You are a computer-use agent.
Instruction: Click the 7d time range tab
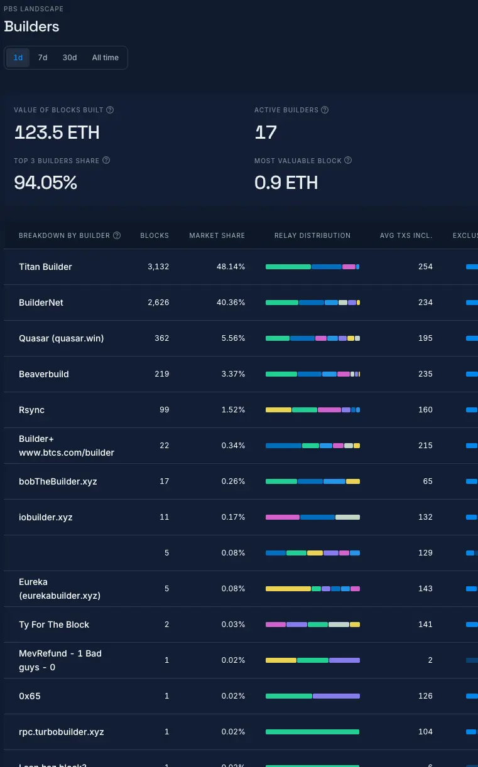[43, 58]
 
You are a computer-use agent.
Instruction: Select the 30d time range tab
[70, 58]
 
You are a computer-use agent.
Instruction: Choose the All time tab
[106, 58]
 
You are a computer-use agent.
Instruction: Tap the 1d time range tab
[18, 58]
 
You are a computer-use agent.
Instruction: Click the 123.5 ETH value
[57, 132]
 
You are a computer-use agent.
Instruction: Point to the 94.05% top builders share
[45, 183]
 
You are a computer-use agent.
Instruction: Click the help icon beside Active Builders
[325, 110]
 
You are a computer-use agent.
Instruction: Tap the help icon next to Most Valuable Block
[348, 160]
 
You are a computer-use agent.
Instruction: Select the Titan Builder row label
[45, 267]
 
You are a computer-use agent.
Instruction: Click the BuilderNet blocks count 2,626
[158, 303]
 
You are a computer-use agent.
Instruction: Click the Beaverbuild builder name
[44, 374]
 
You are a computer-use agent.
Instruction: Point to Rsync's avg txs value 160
[425, 410]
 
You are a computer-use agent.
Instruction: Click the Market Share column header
[217, 235]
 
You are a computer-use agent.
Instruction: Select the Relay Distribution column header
[312, 235]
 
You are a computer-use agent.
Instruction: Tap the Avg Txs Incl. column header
[406, 235]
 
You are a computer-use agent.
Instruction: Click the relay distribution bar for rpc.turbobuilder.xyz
[312, 732]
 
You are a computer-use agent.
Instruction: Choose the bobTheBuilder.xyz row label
[58, 481]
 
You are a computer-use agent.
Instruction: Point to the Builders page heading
[31, 26]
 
